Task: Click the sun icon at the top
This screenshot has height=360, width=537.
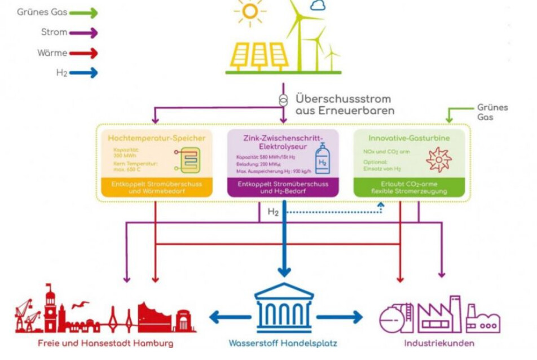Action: (250, 11)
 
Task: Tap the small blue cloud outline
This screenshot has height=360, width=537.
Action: (318, 6)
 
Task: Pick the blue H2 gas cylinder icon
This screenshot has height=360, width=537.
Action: (322, 157)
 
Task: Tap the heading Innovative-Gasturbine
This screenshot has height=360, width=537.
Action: (409, 138)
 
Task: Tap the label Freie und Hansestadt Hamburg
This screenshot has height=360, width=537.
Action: (105, 343)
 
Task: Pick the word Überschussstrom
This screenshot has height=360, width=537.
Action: (342, 99)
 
